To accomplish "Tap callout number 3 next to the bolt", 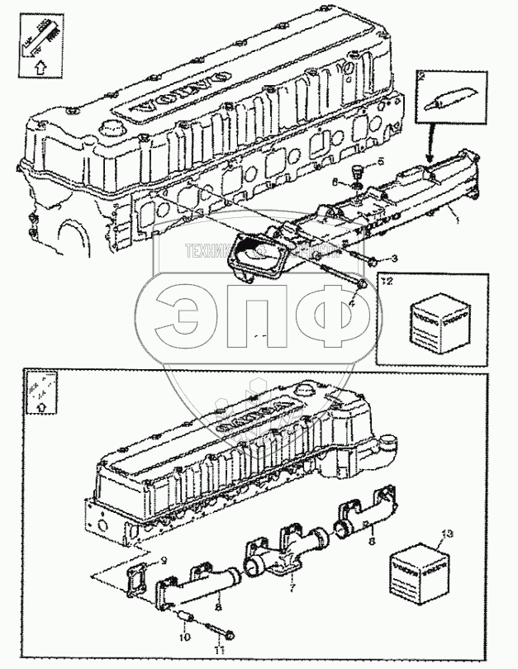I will tap(394, 260).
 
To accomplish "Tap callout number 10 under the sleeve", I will tap(185, 638).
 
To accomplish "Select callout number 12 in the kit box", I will tap(387, 281).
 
